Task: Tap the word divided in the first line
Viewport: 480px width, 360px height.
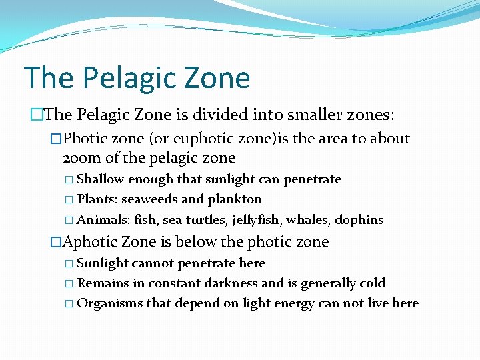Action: pos(223,115)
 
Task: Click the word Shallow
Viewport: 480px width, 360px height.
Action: pos(101,179)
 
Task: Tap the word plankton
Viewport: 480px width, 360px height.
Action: pos(235,200)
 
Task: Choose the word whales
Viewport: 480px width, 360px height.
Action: pos(307,220)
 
